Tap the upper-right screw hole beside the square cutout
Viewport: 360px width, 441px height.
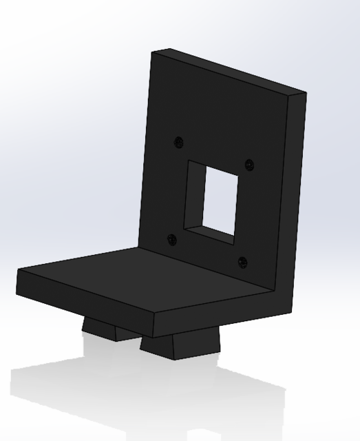pyautogui.click(x=249, y=165)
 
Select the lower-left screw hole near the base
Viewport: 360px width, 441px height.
pyautogui.click(x=171, y=239)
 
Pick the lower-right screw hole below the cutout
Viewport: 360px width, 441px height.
pyautogui.click(x=242, y=262)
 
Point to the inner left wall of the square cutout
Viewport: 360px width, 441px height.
pyautogui.click(x=195, y=195)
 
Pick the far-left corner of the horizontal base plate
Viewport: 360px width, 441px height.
pyautogui.click(x=19, y=270)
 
